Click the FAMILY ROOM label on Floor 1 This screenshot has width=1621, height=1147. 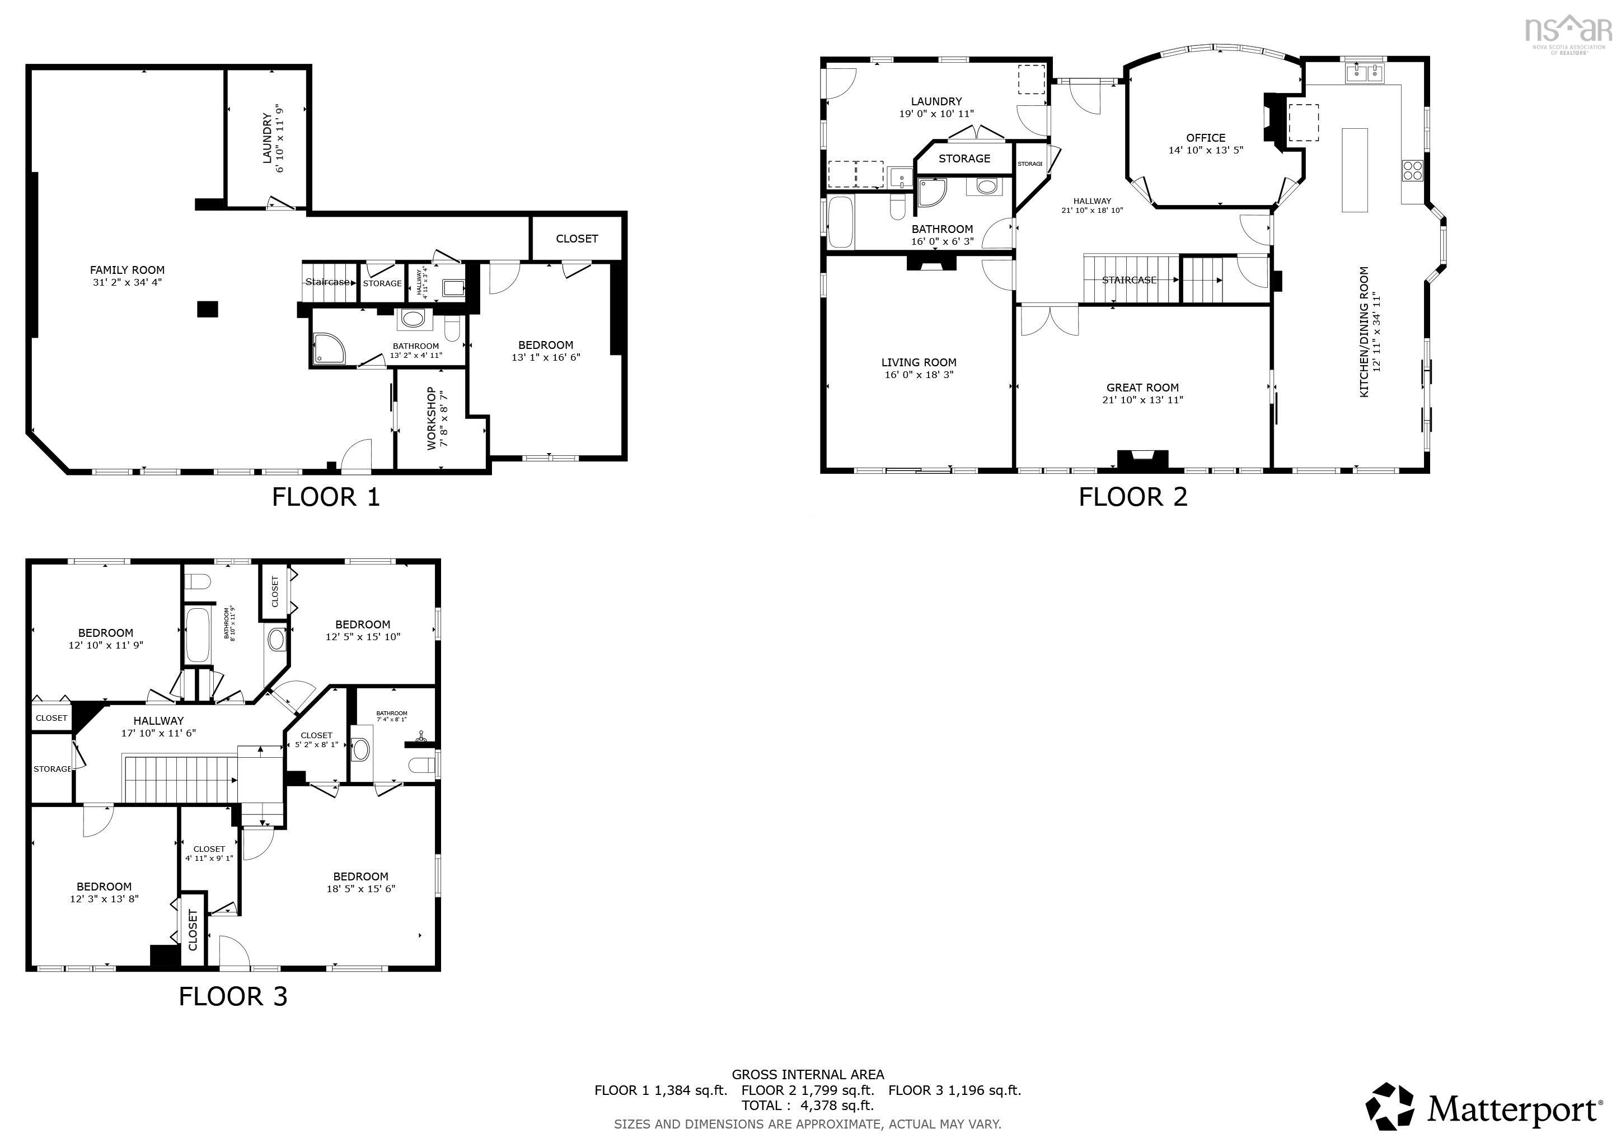[127, 270]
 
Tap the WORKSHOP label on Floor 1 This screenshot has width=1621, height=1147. [432, 418]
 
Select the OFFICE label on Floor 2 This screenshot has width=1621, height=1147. [1205, 138]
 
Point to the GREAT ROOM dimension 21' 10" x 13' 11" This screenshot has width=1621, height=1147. [1142, 400]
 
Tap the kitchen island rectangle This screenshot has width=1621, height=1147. [1354, 170]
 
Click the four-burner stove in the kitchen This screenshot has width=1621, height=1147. [1412, 170]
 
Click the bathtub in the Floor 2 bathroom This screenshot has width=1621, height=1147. [840, 222]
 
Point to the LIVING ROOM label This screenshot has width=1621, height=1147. [919, 362]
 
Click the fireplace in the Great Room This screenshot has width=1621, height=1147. [1142, 460]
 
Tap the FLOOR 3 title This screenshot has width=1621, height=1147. [233, 996]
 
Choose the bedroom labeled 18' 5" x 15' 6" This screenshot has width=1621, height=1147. [361, 882]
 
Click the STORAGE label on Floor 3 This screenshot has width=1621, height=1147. [52, 769]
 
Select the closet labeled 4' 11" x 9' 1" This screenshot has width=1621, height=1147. [209, 853]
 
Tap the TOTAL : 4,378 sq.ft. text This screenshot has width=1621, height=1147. [807, 1106]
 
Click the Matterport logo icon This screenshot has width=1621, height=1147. [1388, 1107]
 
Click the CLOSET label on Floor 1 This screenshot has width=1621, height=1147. [577, 239]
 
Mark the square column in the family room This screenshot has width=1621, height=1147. [208, 309]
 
